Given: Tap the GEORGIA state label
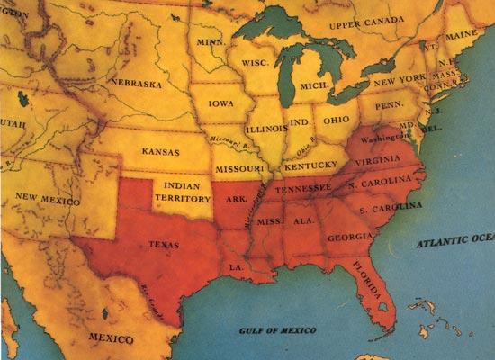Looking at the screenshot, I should (347, 237).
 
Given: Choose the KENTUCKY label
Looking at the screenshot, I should (310, 167).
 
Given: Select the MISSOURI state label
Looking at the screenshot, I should (238, 169).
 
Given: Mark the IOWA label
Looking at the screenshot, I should (221, 103).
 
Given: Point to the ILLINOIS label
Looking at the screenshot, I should (260, 128).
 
